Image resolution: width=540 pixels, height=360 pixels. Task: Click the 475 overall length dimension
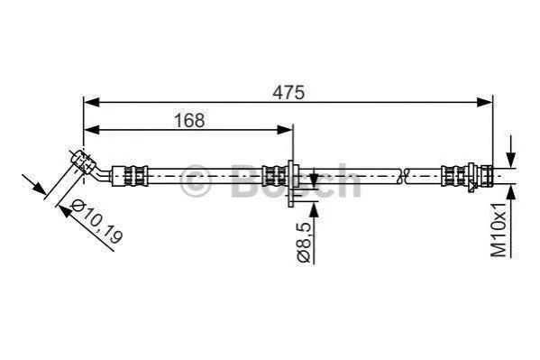[x=288, y=92]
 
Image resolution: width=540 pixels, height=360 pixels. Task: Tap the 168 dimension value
[x=189, y=120]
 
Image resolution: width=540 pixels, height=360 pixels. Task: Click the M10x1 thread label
[x=499, y=230]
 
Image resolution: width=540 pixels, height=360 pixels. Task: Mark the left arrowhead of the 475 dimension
[x=92, y=103]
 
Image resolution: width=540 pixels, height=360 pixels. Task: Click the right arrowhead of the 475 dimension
[x=485, y=103]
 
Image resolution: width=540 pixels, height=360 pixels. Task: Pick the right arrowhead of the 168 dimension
[x=285, y=130]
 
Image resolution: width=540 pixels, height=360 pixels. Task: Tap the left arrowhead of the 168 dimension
[x=92, y=130]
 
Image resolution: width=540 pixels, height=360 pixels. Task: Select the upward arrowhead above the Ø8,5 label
[x=314, y=210]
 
